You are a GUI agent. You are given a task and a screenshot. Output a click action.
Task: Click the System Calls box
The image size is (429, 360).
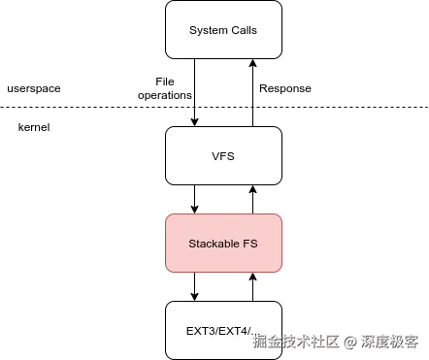point(224,29)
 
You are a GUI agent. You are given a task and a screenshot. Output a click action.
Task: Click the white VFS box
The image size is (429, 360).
point(224,155)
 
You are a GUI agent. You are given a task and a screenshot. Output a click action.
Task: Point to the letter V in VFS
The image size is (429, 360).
point(215,156)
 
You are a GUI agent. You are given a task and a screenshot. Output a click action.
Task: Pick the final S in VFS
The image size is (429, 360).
point(232,156)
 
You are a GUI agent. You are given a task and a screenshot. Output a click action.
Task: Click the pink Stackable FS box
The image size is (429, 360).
point(224,243)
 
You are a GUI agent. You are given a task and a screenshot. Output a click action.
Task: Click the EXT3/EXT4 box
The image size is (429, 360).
point(224,329)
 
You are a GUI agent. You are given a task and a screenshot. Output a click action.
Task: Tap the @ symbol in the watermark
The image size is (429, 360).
point(349,341)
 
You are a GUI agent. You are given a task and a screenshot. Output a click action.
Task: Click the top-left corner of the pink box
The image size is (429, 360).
point(167,216)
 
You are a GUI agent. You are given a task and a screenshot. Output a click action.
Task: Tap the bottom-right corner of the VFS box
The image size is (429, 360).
point(281,183)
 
